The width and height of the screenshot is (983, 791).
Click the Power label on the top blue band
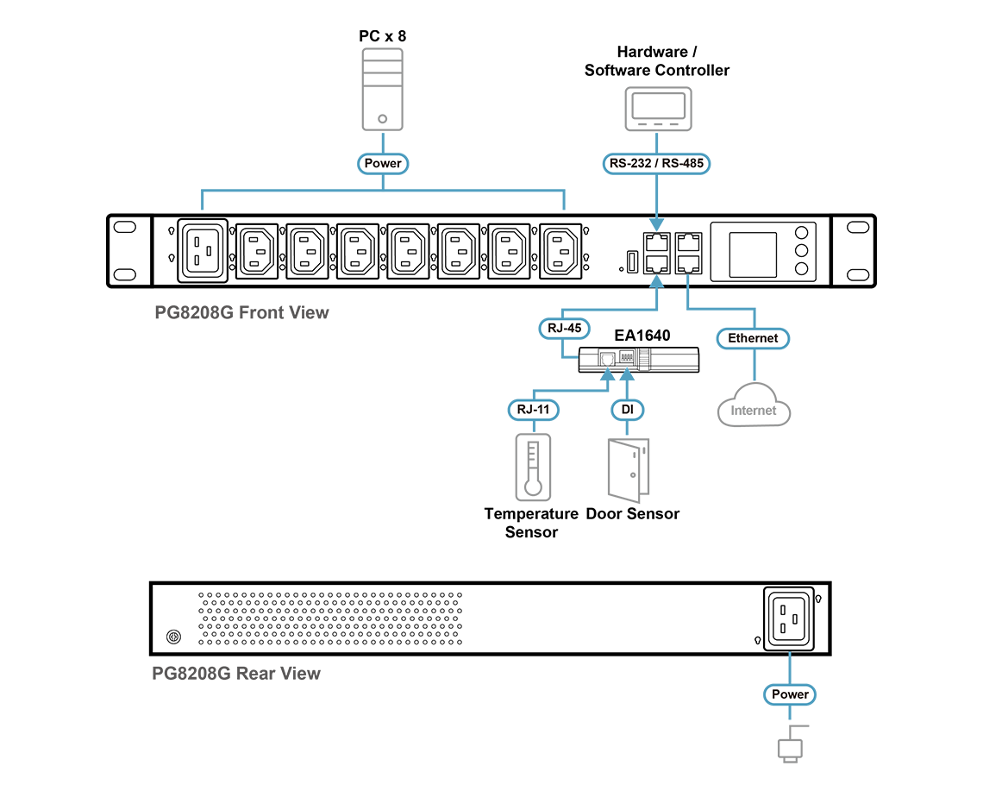(384, 163)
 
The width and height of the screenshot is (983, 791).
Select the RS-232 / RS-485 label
(655, 163)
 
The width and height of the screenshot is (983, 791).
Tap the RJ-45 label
(564, 328)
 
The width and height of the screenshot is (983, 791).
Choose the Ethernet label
(753, 338)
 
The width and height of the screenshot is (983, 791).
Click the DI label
(627, 410)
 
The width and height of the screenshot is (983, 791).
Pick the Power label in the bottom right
(790, 694)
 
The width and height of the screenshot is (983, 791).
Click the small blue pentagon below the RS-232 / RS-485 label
(657, 224)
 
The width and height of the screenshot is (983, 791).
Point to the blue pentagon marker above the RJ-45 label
(656, 280)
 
